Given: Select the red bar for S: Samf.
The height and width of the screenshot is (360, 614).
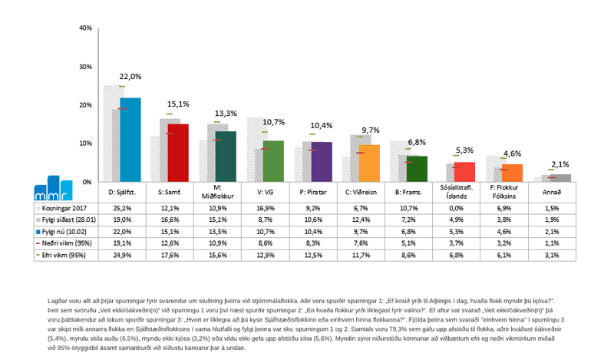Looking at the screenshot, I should point(178,153).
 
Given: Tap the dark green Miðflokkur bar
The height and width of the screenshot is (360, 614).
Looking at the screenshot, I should point(226,157).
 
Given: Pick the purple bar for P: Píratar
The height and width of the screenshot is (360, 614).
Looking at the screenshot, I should point(321,162).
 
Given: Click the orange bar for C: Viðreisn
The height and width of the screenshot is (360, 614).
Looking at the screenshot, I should point(369,163).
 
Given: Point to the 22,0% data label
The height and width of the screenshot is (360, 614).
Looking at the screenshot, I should point(130,77).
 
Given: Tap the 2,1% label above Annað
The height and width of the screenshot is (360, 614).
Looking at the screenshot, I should point(560,164).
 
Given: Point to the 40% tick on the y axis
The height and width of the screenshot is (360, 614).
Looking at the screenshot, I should point(85,28).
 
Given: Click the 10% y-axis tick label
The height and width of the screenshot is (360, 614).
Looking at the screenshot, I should point(85,144).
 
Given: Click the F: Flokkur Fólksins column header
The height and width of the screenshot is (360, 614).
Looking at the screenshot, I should point(511,191).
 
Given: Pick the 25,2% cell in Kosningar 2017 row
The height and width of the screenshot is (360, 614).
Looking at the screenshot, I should point(130,207).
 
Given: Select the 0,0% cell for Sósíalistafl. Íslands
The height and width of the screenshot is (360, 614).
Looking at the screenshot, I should point(464,207).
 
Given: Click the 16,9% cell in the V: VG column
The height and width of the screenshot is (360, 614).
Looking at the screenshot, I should point(272,207).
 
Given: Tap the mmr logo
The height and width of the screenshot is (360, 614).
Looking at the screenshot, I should point(57,187).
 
